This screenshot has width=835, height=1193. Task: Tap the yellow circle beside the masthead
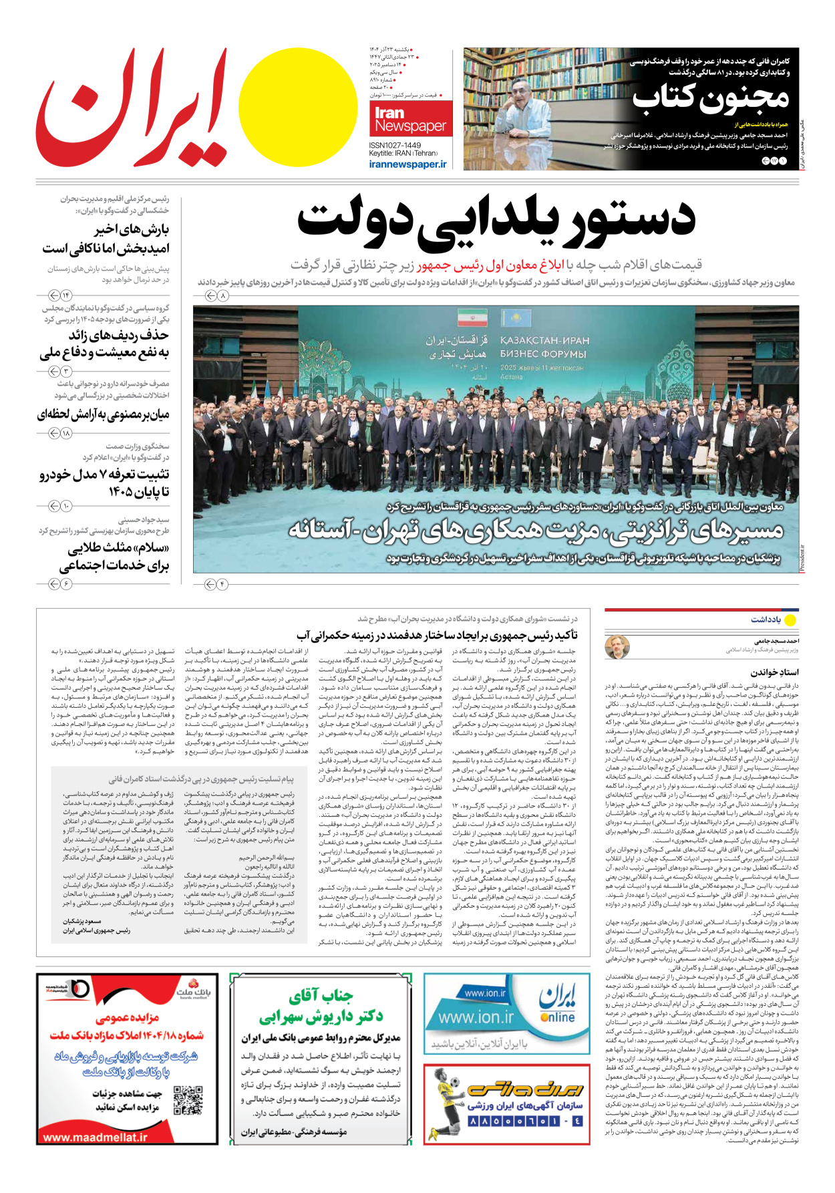coord(298,107)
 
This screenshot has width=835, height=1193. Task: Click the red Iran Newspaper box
coord(410,119)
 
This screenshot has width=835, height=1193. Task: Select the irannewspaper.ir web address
coord(407,164)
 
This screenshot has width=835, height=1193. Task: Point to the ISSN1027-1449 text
coord(395,145)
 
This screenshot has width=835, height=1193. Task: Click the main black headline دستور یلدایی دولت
coord(496,220)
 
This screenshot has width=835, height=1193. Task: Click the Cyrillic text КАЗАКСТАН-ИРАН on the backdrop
coord(544,340)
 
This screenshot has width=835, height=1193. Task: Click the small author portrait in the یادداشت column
coord(617,646)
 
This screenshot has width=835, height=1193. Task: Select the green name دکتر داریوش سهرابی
coord(321,1017)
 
